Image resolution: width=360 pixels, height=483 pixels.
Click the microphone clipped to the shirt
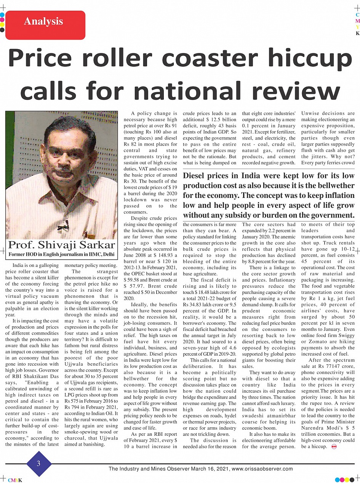coord(61,228)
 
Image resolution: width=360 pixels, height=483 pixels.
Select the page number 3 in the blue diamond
coord(38,463)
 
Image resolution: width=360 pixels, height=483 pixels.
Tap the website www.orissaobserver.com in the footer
coord(262,469)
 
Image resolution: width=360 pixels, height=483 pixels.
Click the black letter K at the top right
coord(357,34)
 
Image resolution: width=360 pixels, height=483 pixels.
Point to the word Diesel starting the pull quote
coord(195,176)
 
